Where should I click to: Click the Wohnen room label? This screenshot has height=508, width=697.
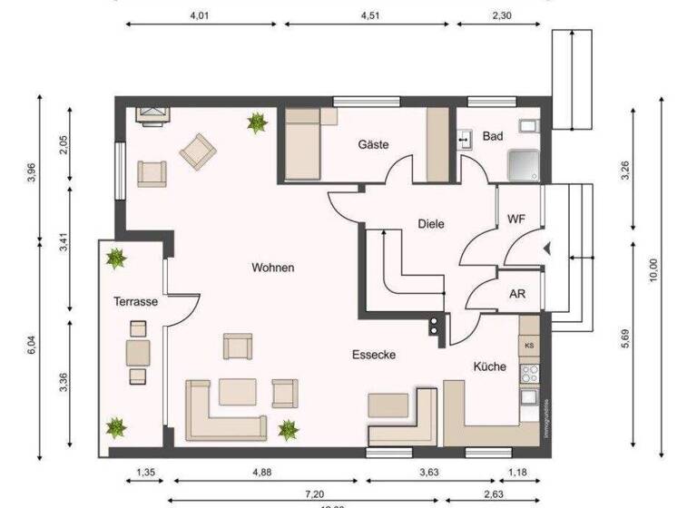(x=273, y=268)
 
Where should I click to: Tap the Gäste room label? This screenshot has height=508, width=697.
(x=373, y=144)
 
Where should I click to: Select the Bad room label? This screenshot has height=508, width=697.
(x=493, y=136)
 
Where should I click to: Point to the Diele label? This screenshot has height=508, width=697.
(x=431, y=223)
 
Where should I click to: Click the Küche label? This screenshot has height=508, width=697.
(x=489, y=366)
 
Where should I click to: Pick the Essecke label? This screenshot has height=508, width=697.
(x=375, y=356)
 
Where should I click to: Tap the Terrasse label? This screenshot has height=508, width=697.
(x=136, y=301)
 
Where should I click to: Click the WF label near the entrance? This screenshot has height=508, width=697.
(x=515, y=220)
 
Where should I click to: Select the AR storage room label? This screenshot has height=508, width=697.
(x=517, y=295)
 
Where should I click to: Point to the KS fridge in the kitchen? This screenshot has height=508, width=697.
(x=528, y=346)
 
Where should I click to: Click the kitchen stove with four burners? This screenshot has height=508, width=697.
(x=528, y=372)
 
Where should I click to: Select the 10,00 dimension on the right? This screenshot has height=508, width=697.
(x=651, y=270)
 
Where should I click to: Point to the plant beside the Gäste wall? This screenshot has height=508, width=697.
(x=257, y=122)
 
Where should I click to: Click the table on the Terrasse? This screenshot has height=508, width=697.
(x=138, y=351)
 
